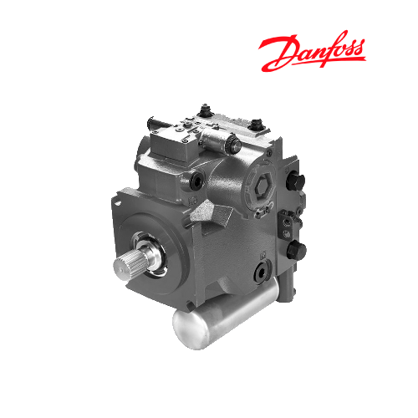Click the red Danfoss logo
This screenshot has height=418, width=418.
[312, 50]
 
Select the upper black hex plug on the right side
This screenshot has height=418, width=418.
[295, 181]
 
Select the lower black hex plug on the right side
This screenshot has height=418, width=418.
[297, 250]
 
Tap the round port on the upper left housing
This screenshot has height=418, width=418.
[197, 181]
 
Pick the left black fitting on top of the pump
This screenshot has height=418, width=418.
[206, 110]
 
